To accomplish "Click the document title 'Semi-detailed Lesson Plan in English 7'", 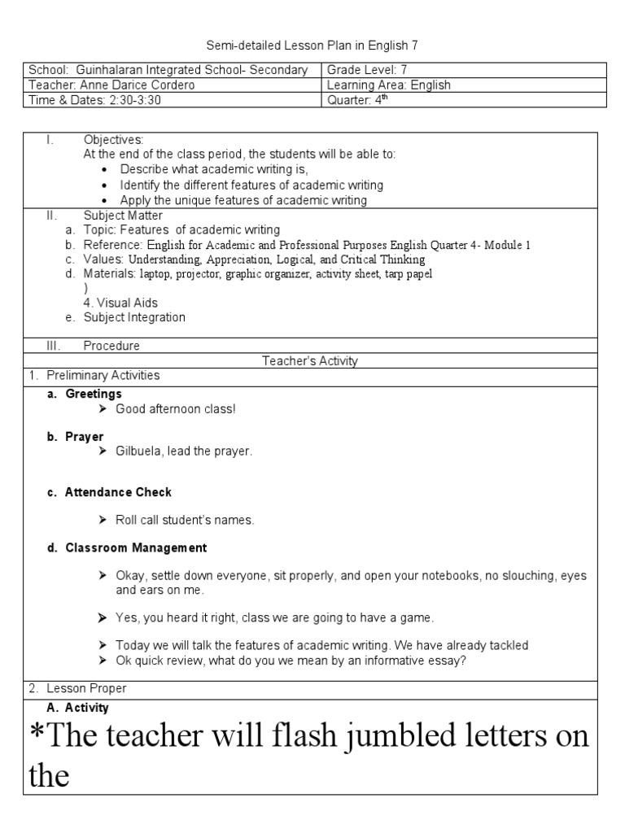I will point(312,46).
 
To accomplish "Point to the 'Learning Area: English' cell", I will point(388,85).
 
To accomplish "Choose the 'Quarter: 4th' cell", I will point(359,99).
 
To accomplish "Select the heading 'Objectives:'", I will point(113,140).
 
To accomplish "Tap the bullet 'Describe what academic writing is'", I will point(214,169).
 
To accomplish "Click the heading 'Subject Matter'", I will point(123,216).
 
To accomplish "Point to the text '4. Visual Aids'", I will point(120,303).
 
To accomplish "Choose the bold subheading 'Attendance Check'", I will point(119,492).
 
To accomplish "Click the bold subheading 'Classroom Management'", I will point(136,547).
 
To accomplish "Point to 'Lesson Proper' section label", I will point(85,688).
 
